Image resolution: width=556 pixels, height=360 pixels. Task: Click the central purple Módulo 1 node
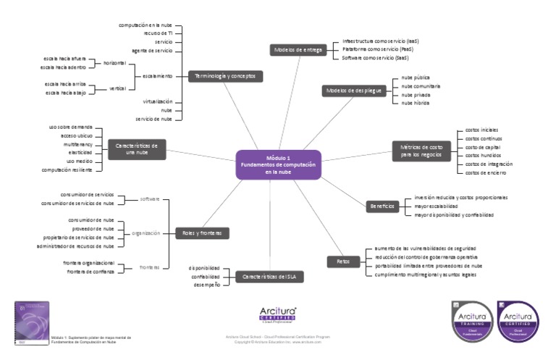coord(278,165)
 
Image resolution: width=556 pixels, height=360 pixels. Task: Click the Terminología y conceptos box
coord(225,75)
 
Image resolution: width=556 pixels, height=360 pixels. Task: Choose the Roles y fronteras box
coord(203,233)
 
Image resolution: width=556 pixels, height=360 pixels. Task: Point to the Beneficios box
coord(382,206)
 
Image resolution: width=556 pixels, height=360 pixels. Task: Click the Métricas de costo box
coord(420,151)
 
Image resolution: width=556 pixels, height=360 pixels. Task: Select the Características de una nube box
coord(136,148)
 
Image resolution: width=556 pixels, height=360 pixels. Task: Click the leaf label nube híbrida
coord(416,103)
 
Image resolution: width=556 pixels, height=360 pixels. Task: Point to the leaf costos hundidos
coord(482,155)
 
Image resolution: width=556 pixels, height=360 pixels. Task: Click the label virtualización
coord(157,101)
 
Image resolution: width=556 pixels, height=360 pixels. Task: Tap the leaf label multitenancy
coord(77,144)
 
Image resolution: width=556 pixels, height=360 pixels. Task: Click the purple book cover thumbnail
coord(32,322)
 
